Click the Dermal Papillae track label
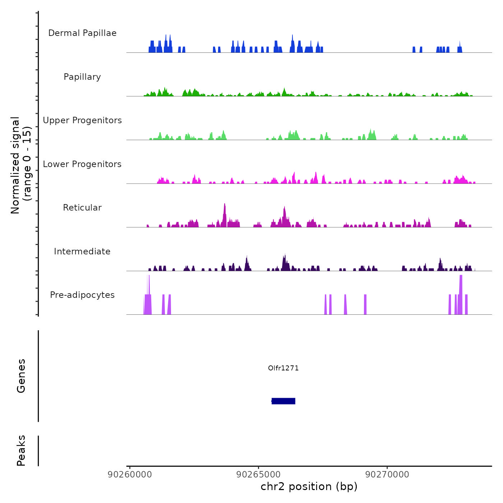click(x=82, y=33)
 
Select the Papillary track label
click(x=82, y=77)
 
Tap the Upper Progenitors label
click(x=82, y=120)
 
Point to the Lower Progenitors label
click(x=82, y=164)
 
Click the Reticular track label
click(x=82, y=208)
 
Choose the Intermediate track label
click(x=82, y=251)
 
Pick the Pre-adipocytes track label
click(x=82, y=295)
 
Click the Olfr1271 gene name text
click(x=283, y=368)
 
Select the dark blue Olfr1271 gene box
click(x=283, y=401)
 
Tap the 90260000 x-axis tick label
click(x=130, y=475)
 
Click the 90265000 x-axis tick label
click(x=259, y=475)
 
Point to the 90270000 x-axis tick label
click(x=387, y=475)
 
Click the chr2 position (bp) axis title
click(x=309, y=486)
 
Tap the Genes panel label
click(x=21, y=376)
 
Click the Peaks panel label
click(x=21, y=451)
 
